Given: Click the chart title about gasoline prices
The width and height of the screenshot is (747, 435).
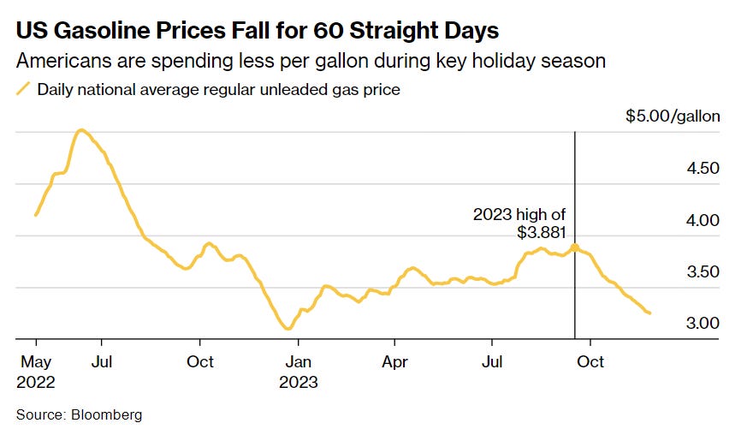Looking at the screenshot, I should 258,32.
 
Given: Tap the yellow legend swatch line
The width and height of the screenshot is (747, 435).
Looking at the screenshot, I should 23,88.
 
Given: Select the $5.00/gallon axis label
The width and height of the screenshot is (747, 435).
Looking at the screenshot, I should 673,116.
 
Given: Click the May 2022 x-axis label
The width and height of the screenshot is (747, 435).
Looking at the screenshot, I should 37,372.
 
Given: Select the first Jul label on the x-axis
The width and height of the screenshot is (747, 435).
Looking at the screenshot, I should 102,362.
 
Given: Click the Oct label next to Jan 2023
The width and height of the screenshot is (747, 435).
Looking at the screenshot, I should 200,362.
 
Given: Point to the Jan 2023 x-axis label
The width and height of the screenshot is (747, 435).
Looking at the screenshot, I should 298,372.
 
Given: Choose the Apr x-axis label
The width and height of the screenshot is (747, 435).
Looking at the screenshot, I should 394,362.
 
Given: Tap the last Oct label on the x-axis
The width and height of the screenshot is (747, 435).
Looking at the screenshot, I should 590,362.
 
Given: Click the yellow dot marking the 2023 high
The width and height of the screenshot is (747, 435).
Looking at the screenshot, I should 575,247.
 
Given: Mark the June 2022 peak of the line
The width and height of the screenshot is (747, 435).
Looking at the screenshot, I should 80,130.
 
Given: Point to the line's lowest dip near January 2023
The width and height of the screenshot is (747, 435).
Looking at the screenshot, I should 288,328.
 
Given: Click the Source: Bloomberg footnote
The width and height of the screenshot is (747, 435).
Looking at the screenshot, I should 79,414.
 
